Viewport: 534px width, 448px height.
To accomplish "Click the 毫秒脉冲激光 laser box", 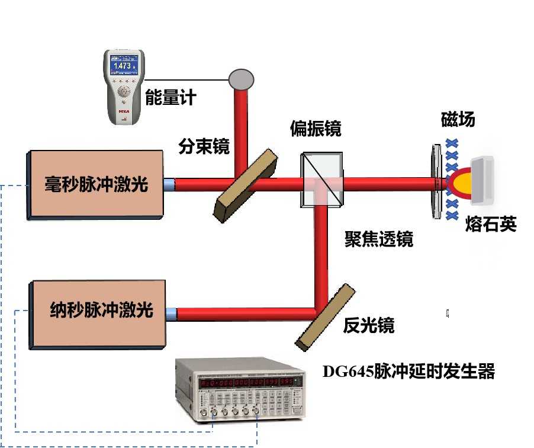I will (95, 184).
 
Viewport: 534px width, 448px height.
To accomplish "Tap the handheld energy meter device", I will (124, 87).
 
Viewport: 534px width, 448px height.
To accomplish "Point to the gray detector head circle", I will (242, 78).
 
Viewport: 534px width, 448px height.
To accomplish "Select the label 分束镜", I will (204, 146).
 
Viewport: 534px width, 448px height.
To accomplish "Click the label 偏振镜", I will (316, 128).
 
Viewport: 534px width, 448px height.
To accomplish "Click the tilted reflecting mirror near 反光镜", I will (326, 315).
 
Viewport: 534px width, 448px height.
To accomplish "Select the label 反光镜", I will (369, 325).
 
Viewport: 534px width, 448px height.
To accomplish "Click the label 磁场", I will (458, 120).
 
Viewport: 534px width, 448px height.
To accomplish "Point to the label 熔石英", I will (491, 225).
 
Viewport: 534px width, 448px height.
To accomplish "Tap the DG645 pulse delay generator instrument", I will (240, 389).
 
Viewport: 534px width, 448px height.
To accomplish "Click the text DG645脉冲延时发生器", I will (408, 372).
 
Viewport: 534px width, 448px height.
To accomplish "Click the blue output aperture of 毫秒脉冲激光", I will (169, 184).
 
